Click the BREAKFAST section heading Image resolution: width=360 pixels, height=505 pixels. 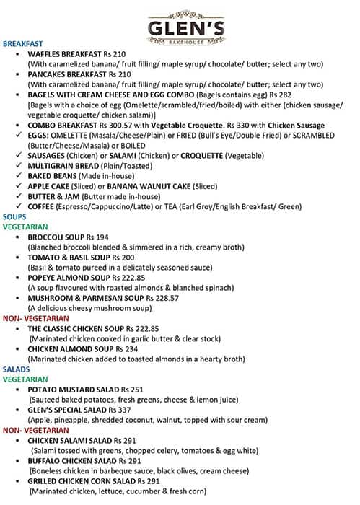23,44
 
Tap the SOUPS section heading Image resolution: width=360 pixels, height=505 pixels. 15,216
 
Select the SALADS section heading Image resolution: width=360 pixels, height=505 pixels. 17,369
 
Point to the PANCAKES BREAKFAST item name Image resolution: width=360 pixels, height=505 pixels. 69,74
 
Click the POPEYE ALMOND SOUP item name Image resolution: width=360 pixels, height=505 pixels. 69,277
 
